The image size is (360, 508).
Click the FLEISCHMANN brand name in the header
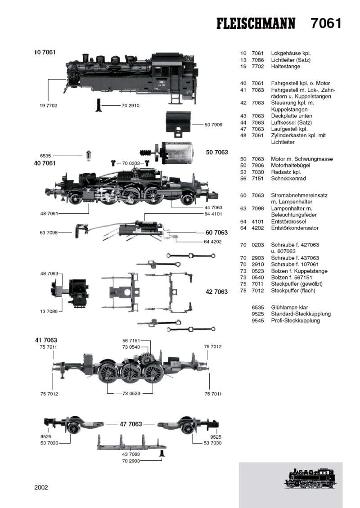pos(256,23)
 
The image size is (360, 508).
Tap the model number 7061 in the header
pos(326,23)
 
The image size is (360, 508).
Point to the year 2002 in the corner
pos(41,487)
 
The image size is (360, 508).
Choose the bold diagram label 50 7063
pos(217,153)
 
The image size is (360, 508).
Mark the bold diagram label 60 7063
pos(217,233)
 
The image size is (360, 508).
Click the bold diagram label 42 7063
pos(217,292)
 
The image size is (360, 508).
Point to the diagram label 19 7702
pos(49,105)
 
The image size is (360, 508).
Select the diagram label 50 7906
pos(213,124)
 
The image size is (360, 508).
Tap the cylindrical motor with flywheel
pos(178,152)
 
